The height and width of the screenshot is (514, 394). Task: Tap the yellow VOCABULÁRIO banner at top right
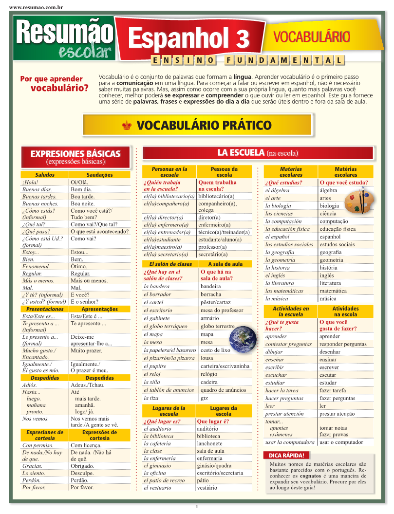[x=312, y=37]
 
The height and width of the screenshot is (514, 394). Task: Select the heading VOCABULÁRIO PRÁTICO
[x=204, y=125]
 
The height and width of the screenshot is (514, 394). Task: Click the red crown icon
[x=127, y=126]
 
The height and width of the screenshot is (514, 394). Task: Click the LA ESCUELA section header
[x=258, y=153]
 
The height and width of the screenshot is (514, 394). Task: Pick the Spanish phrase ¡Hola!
[x=30, y=183]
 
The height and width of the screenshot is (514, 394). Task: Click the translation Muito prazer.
[x=86, y=350]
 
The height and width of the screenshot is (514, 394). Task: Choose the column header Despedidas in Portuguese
[x=99, y=378]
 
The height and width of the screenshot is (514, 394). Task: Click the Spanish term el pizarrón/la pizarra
[x=169, y=358]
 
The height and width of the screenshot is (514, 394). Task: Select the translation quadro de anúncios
[x=223, y=390]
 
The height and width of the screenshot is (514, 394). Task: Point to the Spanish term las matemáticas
[x=284, y=291]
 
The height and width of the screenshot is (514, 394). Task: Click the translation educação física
[x=338, y=229]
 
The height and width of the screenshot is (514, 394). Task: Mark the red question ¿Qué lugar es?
[x=162, y=422]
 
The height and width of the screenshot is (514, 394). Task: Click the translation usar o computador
[x=341, y=442]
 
